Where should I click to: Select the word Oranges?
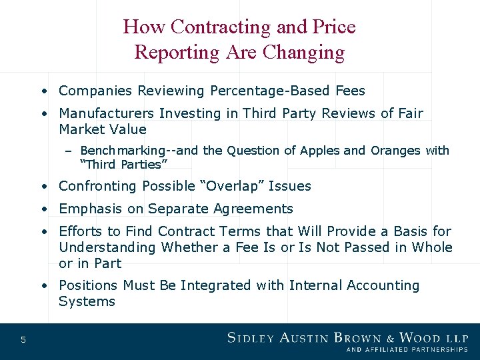click(395, 151)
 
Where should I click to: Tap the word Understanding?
click(107, 247)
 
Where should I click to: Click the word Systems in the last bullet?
click(87, 301)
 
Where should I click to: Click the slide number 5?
click(23, 341)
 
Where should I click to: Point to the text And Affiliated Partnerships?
click(407, 349)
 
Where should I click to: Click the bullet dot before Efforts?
click(43, 232)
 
